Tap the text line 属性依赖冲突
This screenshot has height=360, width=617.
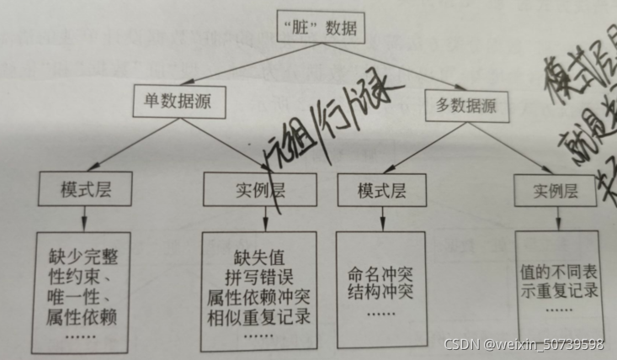[259, 297]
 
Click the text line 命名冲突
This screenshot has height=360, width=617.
[381, 273]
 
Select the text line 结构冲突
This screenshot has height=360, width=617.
[381, 292]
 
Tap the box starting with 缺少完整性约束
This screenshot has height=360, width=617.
[81, 291]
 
